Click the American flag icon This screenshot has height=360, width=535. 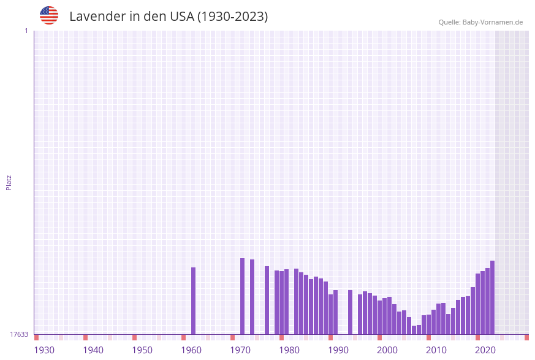pos(49,15)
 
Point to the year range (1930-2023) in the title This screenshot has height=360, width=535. pos(232,17)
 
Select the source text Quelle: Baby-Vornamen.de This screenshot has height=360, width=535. pos(480,22)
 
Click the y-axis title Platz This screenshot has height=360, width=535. pos(9,183)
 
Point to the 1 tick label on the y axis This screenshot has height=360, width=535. pos(26,31)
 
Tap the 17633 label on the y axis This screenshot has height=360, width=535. pos(19,334)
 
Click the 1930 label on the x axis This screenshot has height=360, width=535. pos(44,350)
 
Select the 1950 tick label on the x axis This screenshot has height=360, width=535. pos(142,350)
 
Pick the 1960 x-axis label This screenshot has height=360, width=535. pos(191,350)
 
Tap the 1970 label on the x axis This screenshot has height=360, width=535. pos(240,350)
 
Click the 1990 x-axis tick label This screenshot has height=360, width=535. pos(338,350)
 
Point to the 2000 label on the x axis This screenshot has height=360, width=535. pos(387,350)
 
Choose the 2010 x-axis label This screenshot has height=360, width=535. pos(436,350)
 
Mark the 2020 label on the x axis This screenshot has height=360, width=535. pos(485,350)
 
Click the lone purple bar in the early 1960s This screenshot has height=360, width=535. pos(194,301)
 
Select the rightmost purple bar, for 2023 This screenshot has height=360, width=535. pos(492,297)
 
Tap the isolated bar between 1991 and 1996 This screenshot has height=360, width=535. pos(351,312)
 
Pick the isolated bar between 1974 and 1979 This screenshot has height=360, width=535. pos(267,300)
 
